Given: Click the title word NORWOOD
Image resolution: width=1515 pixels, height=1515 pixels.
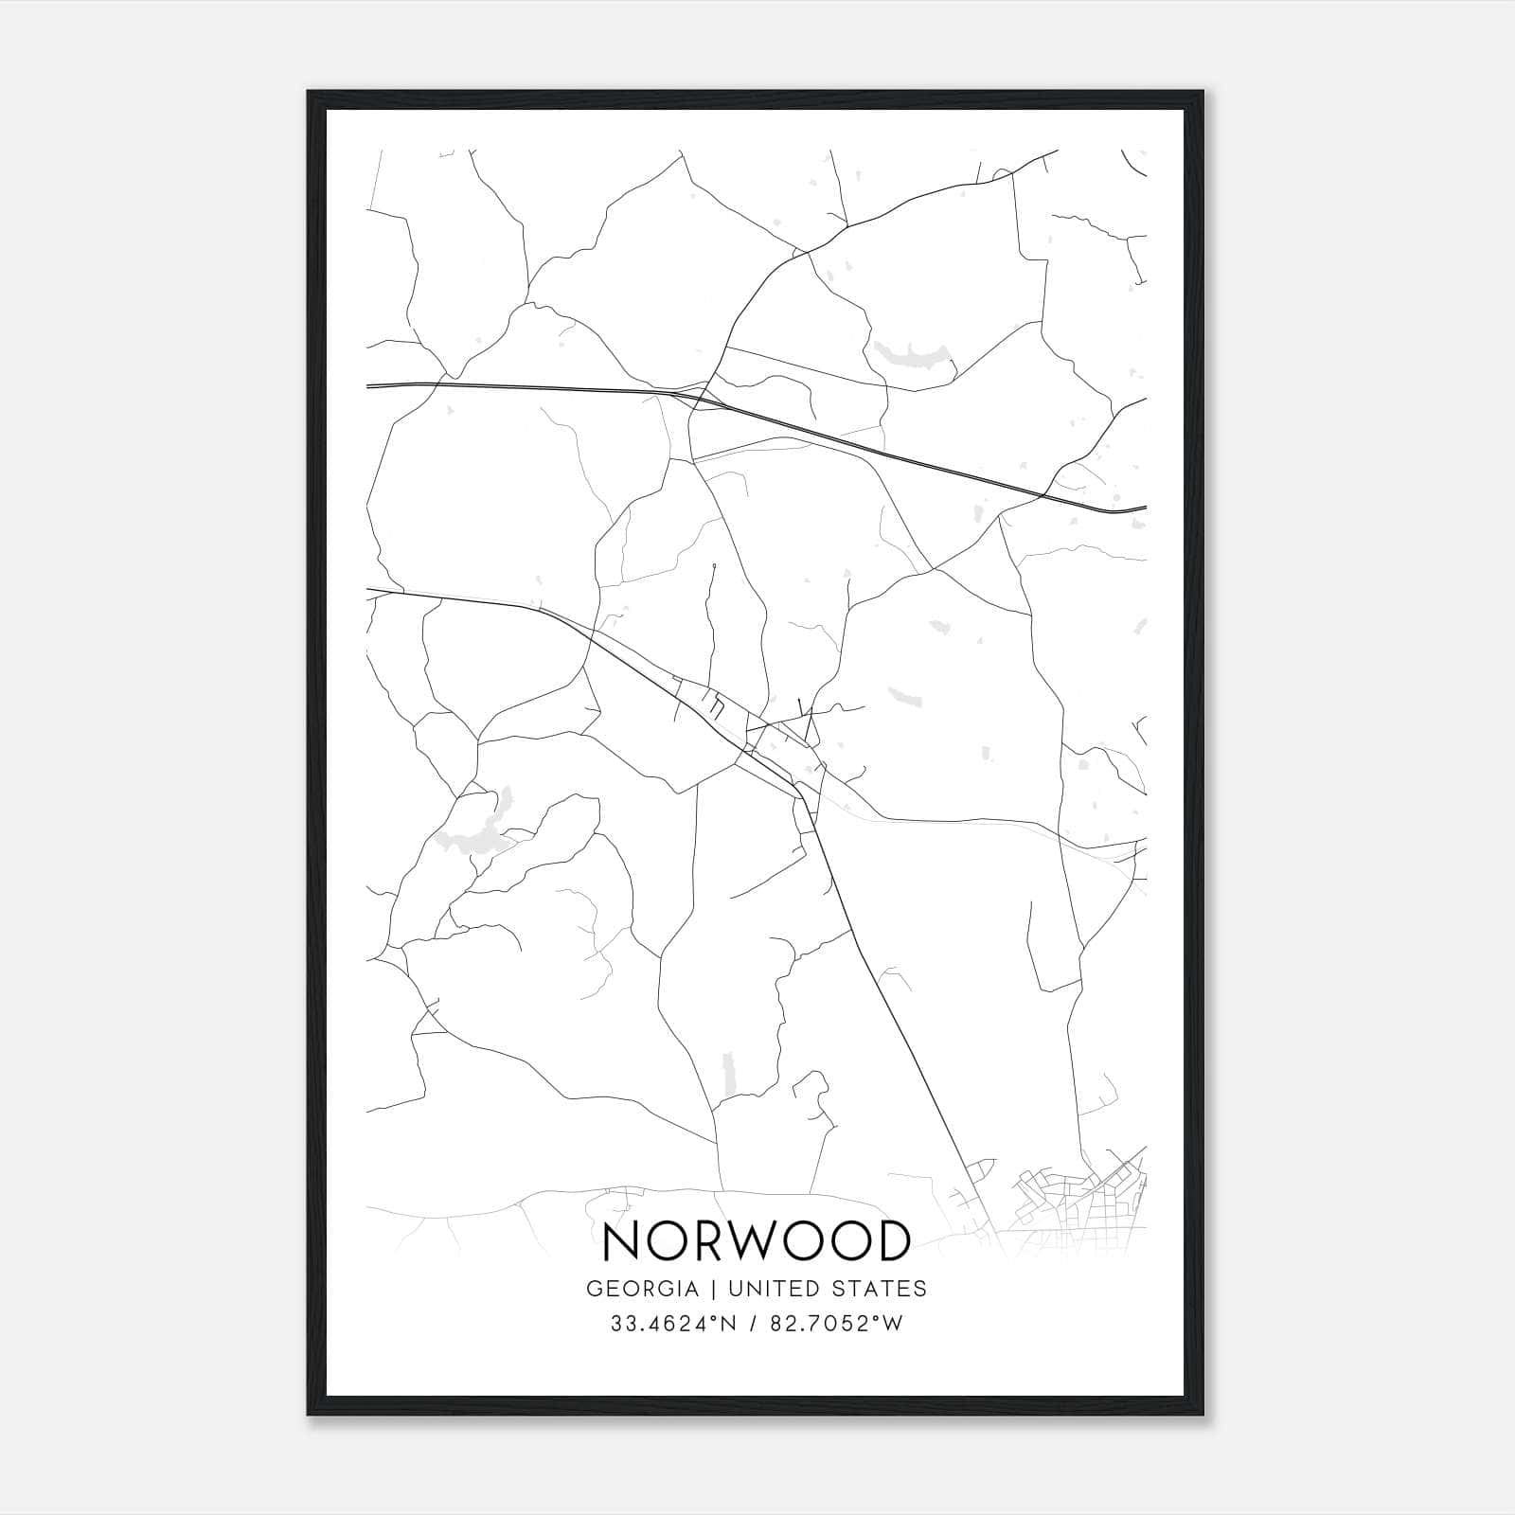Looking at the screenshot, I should (x=756, y=1241).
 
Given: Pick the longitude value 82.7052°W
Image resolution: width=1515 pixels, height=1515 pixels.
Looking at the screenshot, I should (x=836, y=1324).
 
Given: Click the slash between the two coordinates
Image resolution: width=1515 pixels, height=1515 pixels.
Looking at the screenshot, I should (x=752, y=1324).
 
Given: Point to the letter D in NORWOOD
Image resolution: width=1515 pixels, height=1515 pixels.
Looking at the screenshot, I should (x=891, y=1241).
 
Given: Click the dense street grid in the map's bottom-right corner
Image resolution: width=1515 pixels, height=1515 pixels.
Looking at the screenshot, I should (x=1079, y=1198).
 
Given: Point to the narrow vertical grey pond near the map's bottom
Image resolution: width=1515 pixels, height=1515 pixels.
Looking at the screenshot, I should (x=729, y=1076).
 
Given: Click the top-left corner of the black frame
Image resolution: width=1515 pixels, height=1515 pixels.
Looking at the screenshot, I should (x=309, y=93).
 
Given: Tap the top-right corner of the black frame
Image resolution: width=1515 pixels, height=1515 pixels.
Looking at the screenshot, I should (x=1205, y=93).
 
